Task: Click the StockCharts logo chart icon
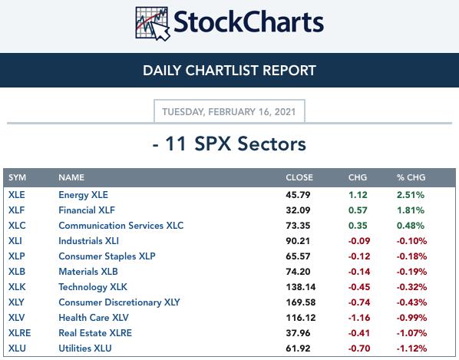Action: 153,24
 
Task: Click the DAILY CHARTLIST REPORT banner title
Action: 229,71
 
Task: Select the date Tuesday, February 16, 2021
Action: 229,112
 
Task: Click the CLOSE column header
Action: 299,177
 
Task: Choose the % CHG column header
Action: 411,177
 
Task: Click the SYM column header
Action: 17,177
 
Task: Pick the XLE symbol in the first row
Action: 16,195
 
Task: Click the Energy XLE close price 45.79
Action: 298,195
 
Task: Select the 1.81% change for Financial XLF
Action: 411,210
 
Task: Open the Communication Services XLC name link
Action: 121,226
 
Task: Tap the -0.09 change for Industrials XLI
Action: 359,241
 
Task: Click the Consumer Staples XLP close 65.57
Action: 298,256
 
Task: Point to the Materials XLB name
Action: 88,272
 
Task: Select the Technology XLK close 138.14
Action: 301,287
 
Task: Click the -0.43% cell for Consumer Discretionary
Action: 411,302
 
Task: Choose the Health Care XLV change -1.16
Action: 359,318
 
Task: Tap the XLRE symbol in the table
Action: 20,333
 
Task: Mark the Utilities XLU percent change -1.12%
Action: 411,348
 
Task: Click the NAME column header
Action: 71,177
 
